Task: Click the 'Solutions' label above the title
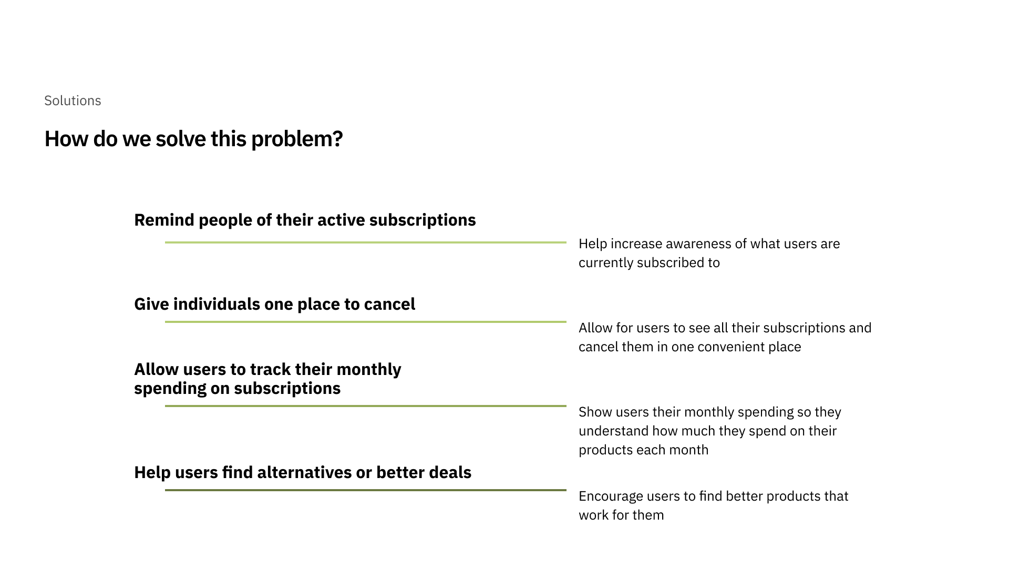point(73,100)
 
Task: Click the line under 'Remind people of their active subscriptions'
point(366,242)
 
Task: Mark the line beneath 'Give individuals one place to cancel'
point(366,322)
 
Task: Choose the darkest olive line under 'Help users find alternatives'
point(366,490)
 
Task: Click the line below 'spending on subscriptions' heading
point(366,406)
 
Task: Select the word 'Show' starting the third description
point(595,412)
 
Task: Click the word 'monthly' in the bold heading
point(368,370)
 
